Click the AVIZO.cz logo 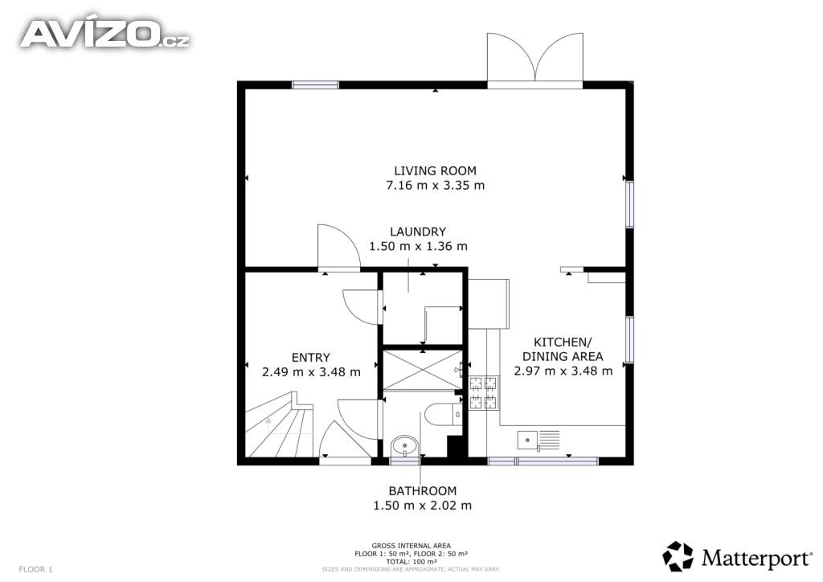point(105,34)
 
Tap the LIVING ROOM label point(435,170)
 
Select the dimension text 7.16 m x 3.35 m point(435,185)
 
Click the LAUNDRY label point(418,232)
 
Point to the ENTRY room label point(311,358)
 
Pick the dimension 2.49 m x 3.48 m point(311,372)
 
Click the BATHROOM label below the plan point(423,490)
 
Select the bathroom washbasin point(404,447)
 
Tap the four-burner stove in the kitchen point(483,393)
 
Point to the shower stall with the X point(423,370)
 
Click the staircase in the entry point(279,425)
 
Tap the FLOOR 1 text point(35,569)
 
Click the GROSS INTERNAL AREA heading point(411,546)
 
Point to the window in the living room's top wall point(315,85)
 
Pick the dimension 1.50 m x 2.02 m point(423,506)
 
